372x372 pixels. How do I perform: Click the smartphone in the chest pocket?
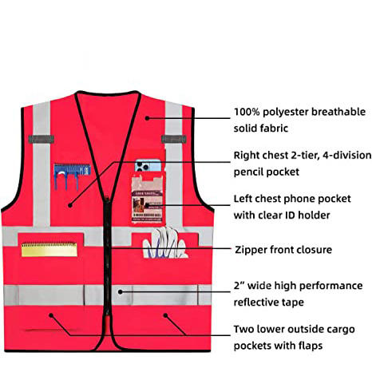(148, 166)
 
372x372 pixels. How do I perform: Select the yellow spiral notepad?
(49, 249)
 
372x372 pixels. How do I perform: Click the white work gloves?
(164, 243)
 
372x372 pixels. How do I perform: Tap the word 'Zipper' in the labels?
(251, 250)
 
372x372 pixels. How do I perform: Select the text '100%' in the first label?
(247, 112)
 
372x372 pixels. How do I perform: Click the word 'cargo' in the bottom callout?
(340, 330)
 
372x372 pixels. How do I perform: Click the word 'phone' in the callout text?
(299, 200)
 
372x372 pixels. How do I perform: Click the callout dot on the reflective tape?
(121, 292)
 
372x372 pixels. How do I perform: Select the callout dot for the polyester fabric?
(147, 118)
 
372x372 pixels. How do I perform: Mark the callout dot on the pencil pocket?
(70, 205)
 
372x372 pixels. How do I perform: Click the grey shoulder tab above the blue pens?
(42, 139)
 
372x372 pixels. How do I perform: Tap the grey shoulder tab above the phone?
(174, 139)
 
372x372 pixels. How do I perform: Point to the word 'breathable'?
(338, 112)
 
